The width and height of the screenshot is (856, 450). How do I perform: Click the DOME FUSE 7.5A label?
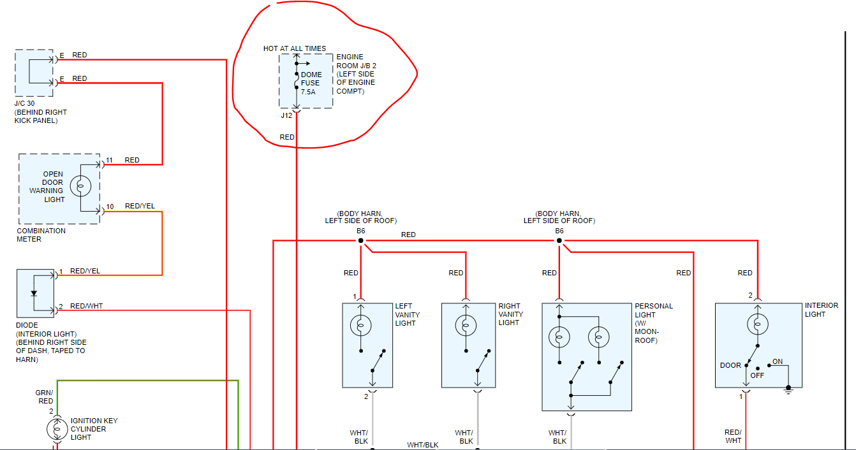point(311,83)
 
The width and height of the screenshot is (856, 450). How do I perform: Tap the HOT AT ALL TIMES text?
point(295,48)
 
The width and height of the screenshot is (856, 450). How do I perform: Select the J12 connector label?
point(286,115)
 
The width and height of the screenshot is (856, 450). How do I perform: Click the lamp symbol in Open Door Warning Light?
point(81,186)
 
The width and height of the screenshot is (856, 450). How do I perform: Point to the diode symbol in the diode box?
point(34,293)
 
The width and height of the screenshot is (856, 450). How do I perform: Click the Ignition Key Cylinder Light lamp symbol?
point(57,429)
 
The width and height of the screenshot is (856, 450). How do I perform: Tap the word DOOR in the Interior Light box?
point(730,365)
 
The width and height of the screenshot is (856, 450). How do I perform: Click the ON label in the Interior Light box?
point(777,361)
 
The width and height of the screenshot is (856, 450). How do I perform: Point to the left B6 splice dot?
point(360,240)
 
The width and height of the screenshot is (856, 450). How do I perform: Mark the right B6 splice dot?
point(559,240)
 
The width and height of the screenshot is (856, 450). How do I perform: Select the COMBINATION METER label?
point(41,235)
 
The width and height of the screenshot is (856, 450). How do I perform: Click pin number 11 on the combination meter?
point(110,160)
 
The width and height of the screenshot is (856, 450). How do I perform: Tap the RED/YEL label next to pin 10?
point(140,206)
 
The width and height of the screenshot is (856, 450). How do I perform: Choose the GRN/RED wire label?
point(45,397)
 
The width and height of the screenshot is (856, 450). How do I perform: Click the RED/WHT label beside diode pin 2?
point(86,306)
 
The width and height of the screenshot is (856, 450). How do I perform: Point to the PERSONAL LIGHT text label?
point(654,310)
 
